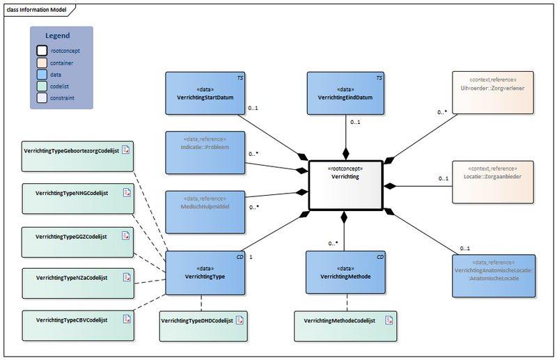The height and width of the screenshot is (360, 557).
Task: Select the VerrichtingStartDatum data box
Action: [x=206, y=93]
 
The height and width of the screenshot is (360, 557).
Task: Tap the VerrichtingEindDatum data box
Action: [x=345, y=93]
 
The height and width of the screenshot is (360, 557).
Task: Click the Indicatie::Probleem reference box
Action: [x=206, y=152]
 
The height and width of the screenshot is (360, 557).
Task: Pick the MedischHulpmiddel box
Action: [x=206, y=210]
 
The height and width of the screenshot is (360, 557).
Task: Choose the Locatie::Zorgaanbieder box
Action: [x=493, y=181]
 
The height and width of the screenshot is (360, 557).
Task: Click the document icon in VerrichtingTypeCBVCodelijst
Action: [x=127, y=319]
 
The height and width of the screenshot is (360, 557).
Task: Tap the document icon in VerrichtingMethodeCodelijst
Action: [x=391, y=320]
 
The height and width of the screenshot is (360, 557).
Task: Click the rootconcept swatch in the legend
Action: [x=42, y=51]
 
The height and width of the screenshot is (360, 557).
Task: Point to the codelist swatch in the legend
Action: [x=42, y=86]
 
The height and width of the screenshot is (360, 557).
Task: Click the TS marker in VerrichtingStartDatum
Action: [x=240, y=78]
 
